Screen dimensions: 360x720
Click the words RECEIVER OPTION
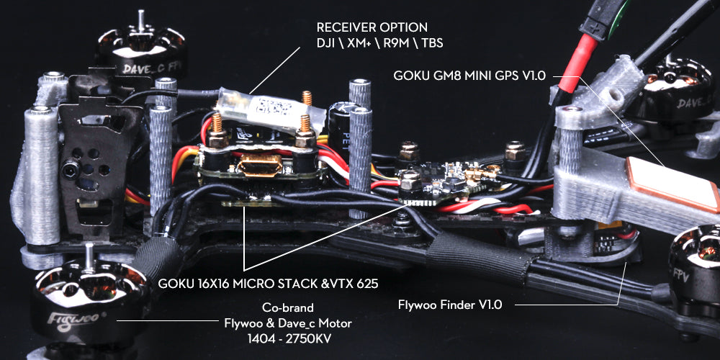click(372, 27)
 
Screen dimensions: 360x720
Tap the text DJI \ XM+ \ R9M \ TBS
click(379, 44)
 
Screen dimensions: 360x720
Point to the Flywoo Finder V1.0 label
click(449, 305)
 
